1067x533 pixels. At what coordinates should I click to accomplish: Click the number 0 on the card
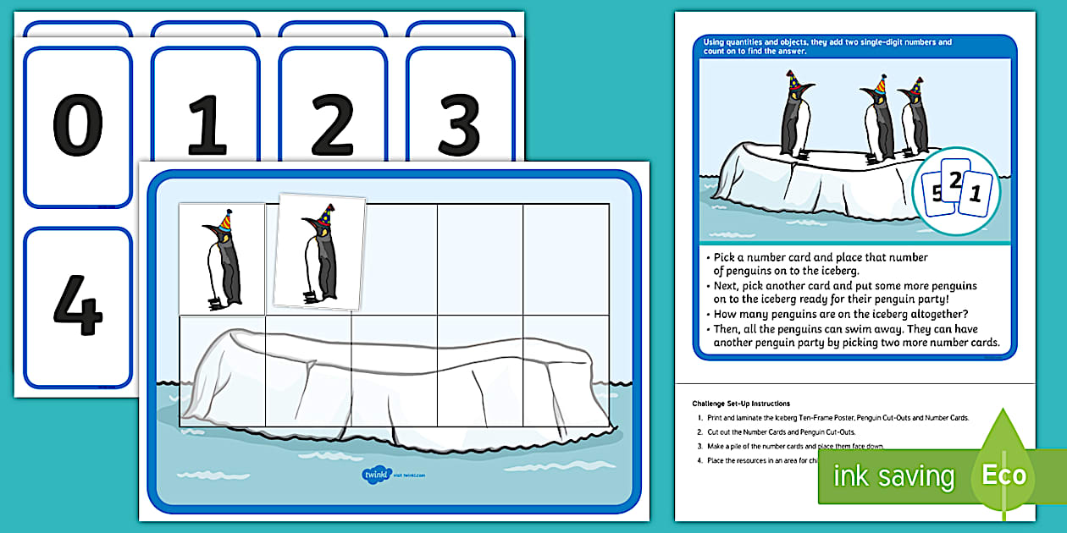(x=78, y=128)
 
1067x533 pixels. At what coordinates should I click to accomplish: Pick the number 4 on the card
(x=78, y=305)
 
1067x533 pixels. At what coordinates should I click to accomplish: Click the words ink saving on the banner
(x=893, y=476)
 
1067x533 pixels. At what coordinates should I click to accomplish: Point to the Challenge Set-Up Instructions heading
(x=741, y=404)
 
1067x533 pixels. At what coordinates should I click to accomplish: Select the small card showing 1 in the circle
(x=976, y=195)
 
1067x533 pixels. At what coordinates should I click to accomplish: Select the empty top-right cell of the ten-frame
(x=567, y=259)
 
